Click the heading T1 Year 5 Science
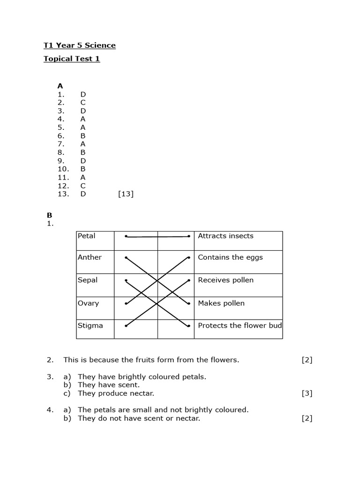(79, 45)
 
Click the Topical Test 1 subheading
(72, 59)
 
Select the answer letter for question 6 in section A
(83, 135)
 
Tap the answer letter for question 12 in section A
(83, 186)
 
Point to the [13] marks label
(126, 194)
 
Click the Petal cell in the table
(95, 240)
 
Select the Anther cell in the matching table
(95, 262)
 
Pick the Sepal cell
(95, 285)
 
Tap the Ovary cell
(95, 308)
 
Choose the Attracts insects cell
(238, 240)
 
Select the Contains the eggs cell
(238, 262)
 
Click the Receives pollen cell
(238, 285)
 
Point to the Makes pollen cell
(238, 308)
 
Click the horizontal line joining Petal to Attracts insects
(157, 237)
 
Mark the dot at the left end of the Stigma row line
(126, 326)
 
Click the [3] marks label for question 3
(307, 393)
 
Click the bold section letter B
(49, 215)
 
